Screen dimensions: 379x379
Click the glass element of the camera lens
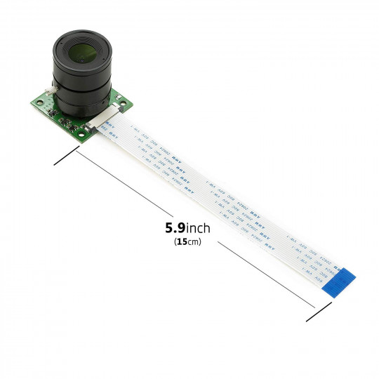80,53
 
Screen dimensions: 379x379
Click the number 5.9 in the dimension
175,228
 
